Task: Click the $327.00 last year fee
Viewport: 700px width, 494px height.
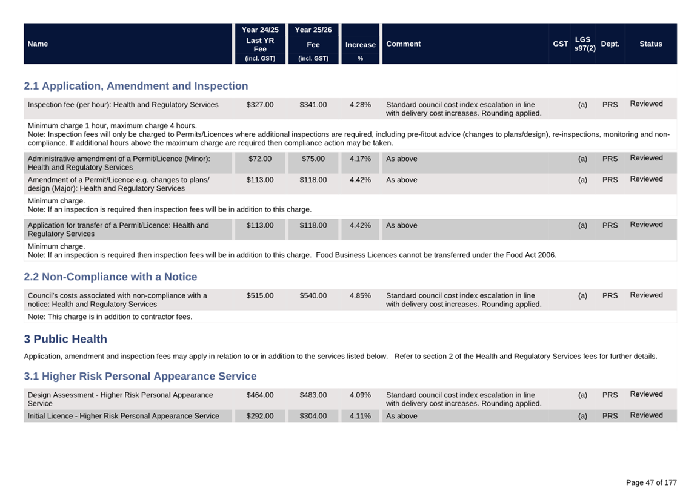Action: [260, 105]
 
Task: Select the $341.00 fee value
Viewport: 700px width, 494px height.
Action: [313, 105]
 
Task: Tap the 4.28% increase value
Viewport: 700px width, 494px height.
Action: [360, 105]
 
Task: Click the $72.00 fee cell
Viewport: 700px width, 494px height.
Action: [260, 159]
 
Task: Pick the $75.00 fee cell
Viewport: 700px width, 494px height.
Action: [313, 159]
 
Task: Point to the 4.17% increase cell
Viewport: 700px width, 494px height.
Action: [360, 159]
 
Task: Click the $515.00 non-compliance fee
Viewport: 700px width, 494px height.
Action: [260, 295]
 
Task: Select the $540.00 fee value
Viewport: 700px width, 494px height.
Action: [313, 295]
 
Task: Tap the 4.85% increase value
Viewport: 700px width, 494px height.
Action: [360, 295]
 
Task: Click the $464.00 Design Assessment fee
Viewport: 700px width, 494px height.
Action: [260, 395]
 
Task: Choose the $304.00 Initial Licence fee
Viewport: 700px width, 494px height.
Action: [313, 416]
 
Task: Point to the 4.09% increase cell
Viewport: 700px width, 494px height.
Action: [360, 395]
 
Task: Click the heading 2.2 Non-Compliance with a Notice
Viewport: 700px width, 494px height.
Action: [110, 277]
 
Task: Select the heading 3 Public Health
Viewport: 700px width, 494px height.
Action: [65, 339]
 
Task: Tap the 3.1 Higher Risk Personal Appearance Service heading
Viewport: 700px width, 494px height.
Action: [140, 376]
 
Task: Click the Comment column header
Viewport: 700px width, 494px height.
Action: [403, 44]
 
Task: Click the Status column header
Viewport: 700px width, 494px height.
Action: [650, 44]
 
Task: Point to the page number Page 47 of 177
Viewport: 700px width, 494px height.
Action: [651, 482]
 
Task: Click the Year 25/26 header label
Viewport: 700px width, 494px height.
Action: [313, 30]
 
